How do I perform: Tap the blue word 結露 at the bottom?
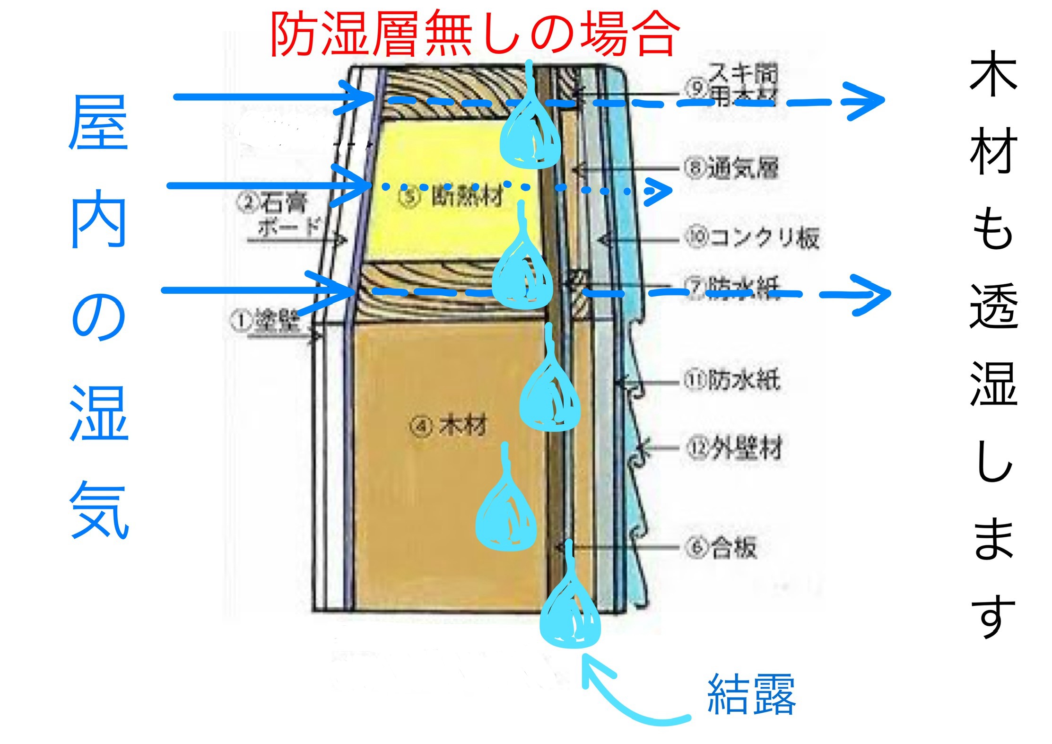point(751,694)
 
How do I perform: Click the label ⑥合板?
point(722,547)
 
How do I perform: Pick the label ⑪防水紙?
point(732,380)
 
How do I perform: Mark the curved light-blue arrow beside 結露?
point(624,695)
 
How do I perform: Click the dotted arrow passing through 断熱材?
point(520,188)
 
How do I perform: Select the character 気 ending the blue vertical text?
point(99,511)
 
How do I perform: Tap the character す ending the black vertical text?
point(993,617)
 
